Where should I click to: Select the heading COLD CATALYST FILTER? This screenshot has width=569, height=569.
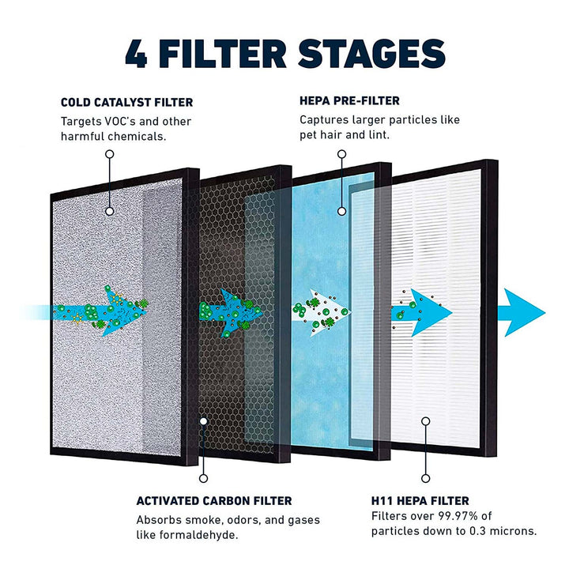tap(126, 103)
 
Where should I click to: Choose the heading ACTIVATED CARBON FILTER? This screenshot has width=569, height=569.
tap(213, 501)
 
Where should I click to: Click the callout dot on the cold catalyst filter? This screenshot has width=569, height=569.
tap(109, 211)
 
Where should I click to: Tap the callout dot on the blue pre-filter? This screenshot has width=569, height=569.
tap(341, 211)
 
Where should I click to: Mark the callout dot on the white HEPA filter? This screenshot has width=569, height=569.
tap(425, 421)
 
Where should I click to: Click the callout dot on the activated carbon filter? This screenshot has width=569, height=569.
tap(204, 421)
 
